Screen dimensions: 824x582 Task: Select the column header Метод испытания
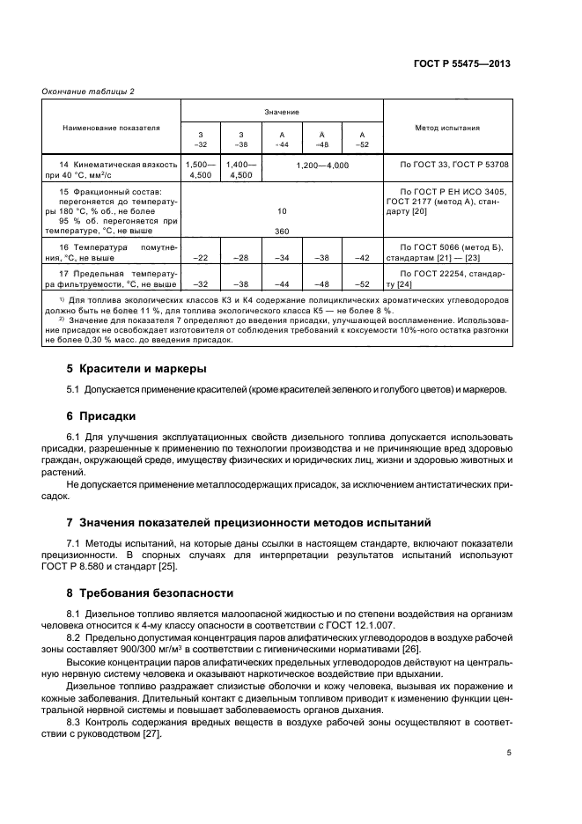446,128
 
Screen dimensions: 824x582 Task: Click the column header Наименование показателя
112,128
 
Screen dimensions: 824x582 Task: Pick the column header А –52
362,139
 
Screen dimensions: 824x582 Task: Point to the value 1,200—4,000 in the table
322,166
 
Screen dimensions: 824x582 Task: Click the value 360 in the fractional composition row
282,231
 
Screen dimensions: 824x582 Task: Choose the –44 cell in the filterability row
282,284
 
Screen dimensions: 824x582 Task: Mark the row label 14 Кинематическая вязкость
112,166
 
